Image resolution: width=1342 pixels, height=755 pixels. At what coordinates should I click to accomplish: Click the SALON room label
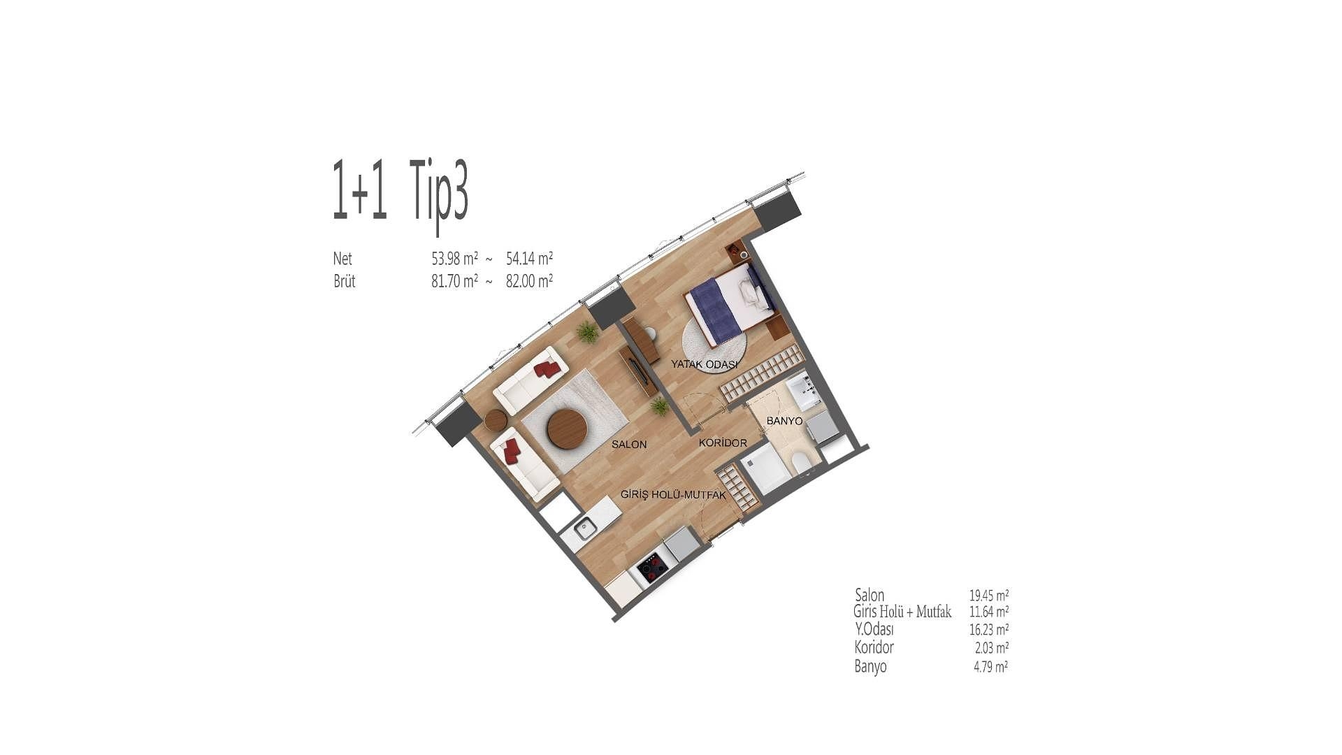[x=629, y=444]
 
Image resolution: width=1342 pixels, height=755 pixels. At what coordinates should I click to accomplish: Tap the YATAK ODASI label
[x=705, y=364]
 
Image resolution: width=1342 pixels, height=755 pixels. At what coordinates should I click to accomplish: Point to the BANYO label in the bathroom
[x=784, y=421]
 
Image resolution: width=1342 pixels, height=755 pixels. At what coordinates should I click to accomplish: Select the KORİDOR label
[x=723, y=443]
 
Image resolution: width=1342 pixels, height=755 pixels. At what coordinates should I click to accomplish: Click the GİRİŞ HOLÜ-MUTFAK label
[x=673, y=495]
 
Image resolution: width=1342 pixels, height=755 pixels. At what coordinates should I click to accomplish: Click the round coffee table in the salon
[x=567, y=429]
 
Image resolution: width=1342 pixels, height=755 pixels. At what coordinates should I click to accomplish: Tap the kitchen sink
[x=585, y=529]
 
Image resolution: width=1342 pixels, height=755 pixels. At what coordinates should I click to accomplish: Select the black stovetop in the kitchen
[x=652, y=568]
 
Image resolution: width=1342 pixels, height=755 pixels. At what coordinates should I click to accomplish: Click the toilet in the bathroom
[x=801, y=462]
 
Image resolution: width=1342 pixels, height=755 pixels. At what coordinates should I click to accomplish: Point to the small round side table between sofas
[x=496, y=420]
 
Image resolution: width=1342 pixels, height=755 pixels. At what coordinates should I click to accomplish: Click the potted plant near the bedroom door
[x=659, y=406]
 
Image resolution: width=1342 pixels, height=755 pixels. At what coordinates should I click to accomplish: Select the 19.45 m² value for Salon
[x=988, y=596]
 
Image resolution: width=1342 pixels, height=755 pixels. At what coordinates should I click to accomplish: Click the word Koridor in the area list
[x=874, y=647]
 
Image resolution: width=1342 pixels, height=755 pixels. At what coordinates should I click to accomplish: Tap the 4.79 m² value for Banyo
[x=990, y=667]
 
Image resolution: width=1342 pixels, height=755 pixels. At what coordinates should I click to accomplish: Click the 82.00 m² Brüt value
[x=529, y=281]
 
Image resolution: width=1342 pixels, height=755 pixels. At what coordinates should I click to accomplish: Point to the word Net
[x=342, y=259]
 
